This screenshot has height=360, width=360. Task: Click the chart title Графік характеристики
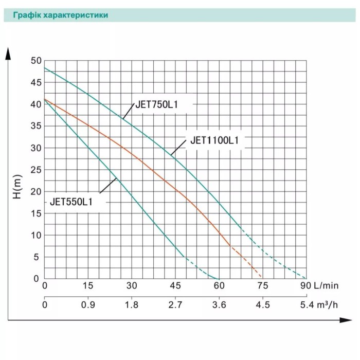point(61,15)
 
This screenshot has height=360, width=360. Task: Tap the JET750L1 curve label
point(157,105)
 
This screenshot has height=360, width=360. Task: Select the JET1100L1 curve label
point(214,140)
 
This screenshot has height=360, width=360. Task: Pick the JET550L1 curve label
point(71,202)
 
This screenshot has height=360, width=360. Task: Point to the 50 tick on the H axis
point(37,61)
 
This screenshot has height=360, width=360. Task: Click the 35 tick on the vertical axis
point(37,126)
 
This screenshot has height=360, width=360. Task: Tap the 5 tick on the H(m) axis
point(37,257)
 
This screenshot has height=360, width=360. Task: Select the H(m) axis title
point(17,187)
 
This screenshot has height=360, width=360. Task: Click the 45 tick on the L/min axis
point(175,285)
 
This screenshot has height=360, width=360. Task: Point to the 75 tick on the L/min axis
point(263,285)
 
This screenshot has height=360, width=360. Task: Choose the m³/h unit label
point(328,305)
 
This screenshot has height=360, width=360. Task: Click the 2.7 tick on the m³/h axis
point(175,305)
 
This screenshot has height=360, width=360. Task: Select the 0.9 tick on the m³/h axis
point(88,305)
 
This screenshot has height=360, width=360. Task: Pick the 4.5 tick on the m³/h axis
point(263,305)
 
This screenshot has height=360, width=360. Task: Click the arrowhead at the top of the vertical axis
point(8,54)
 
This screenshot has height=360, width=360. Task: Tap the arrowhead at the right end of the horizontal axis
point(346,320)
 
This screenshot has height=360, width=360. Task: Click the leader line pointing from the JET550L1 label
point(108,186)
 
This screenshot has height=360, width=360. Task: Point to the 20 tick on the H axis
point(37,192)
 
